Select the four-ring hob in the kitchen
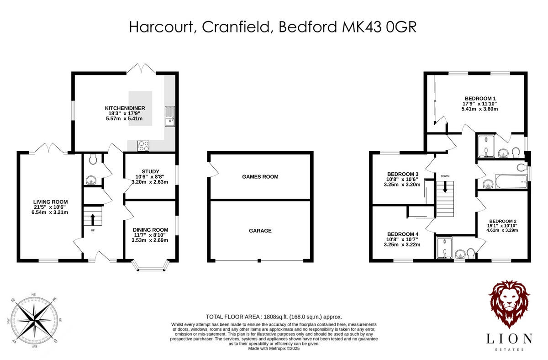144,146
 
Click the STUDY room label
150,171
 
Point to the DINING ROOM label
150,230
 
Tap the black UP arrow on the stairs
92,218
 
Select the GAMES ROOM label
260,177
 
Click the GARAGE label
260,231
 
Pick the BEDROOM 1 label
480,98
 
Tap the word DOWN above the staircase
445,175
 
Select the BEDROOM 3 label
403,174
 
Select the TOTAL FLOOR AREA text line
274,317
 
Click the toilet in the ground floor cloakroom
93,159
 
